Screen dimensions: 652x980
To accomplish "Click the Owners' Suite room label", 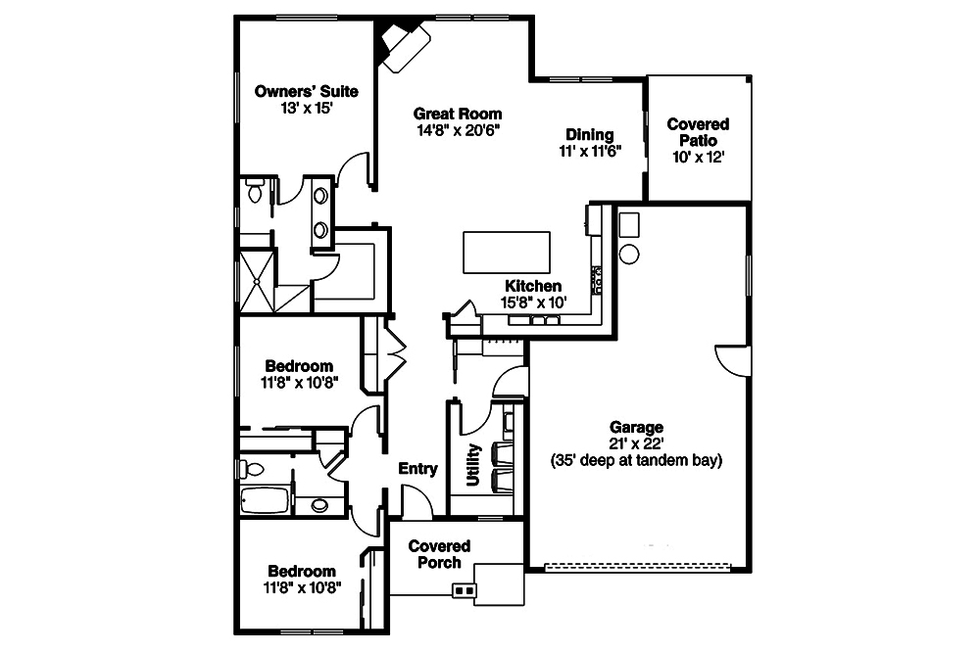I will tap(306, 92).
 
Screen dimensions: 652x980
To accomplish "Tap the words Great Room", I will tap(458, 113).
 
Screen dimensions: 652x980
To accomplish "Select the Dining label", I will tap(590, 135).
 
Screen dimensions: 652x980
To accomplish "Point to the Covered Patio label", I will tap(698, 132).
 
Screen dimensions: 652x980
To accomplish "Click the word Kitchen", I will tap(533, 286).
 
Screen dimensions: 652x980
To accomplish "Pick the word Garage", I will tap(637, 427).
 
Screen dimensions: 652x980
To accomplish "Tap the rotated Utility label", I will tap(473, 464).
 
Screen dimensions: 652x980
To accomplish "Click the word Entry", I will tap(417, 469).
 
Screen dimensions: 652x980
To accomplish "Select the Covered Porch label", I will tap(440, 554).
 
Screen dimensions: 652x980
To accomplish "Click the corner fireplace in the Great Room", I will tap(403, 43).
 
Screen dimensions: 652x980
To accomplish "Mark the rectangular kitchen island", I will tap(507, 253).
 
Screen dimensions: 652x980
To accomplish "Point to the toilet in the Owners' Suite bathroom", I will tap(255, 190).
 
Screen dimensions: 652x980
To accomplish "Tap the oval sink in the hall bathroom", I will tap(319, 506).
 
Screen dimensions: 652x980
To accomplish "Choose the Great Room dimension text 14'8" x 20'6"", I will tap(458, 129).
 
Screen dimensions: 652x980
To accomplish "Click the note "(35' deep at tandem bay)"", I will tap(637, 460).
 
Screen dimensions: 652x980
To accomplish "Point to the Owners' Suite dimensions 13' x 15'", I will tap(306, 109).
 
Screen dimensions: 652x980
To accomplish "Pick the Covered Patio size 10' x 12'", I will tap(698, 157).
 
